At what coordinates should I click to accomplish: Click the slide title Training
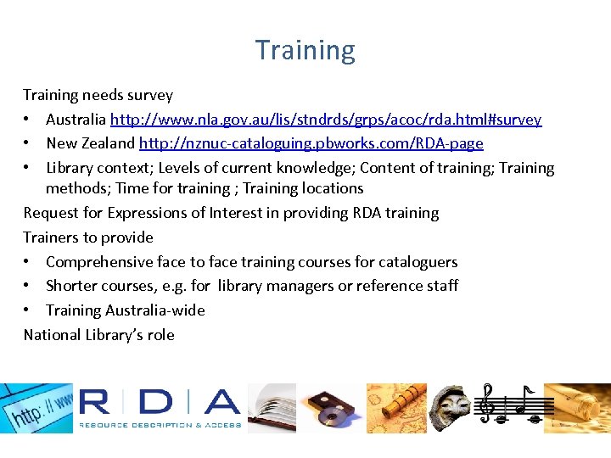click(x=305, y=51)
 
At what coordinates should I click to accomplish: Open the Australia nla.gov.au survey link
click(x=326, y=120)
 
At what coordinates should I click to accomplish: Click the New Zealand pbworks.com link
click(x=311, y=143)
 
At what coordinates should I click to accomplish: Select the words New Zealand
click(x=90, y=143)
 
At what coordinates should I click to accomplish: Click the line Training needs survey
click(x=98, y=95)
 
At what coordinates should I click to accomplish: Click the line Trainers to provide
click(x=88, y=237)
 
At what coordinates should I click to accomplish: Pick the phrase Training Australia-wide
click(x=126, y=310)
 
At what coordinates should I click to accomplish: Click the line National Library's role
click(x=98, y=335)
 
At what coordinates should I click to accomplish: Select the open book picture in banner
click(x=272, y=408)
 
